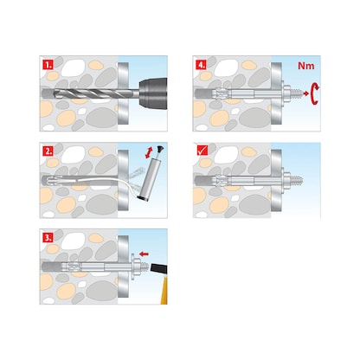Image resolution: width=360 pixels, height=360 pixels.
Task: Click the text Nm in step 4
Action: tap(305, 67)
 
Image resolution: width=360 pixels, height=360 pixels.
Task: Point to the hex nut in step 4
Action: tap(283, 90)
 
